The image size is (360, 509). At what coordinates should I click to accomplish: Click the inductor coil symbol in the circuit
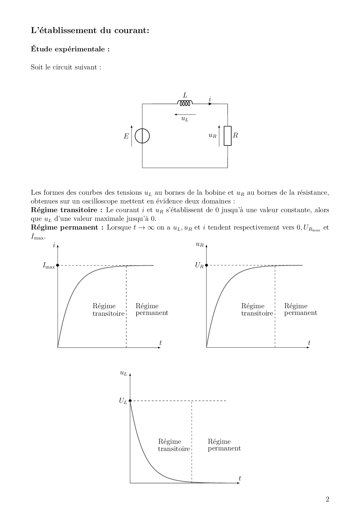coord(185,103)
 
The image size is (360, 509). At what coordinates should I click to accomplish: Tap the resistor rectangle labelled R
coord(228,136)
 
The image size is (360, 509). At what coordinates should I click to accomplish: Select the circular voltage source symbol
coord(142,136)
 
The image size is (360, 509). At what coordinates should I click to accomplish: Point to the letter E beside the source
coord(126,136)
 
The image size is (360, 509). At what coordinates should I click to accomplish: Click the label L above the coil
coord(185,95)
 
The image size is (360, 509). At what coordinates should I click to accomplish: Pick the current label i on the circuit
coord(210,99)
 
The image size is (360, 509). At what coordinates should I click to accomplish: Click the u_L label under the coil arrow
coord(185,119)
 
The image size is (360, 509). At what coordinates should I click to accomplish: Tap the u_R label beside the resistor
coord(213,135)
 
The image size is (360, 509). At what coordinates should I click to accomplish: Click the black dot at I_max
coord(58,265)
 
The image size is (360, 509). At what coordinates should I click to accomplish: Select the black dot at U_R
coord(206,265)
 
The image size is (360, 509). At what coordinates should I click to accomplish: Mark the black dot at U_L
coord(130,401)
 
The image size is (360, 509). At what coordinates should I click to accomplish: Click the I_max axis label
coord(48,266)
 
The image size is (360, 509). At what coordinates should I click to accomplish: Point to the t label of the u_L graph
coord(240,478)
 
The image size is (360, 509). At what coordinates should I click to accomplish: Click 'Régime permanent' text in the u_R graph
coord(300,309)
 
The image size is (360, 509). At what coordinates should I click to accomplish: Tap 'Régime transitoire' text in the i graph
coord(108,310)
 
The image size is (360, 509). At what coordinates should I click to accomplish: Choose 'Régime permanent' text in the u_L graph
coord(224,445)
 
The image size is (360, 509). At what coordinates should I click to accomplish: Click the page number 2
coord(327,499)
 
